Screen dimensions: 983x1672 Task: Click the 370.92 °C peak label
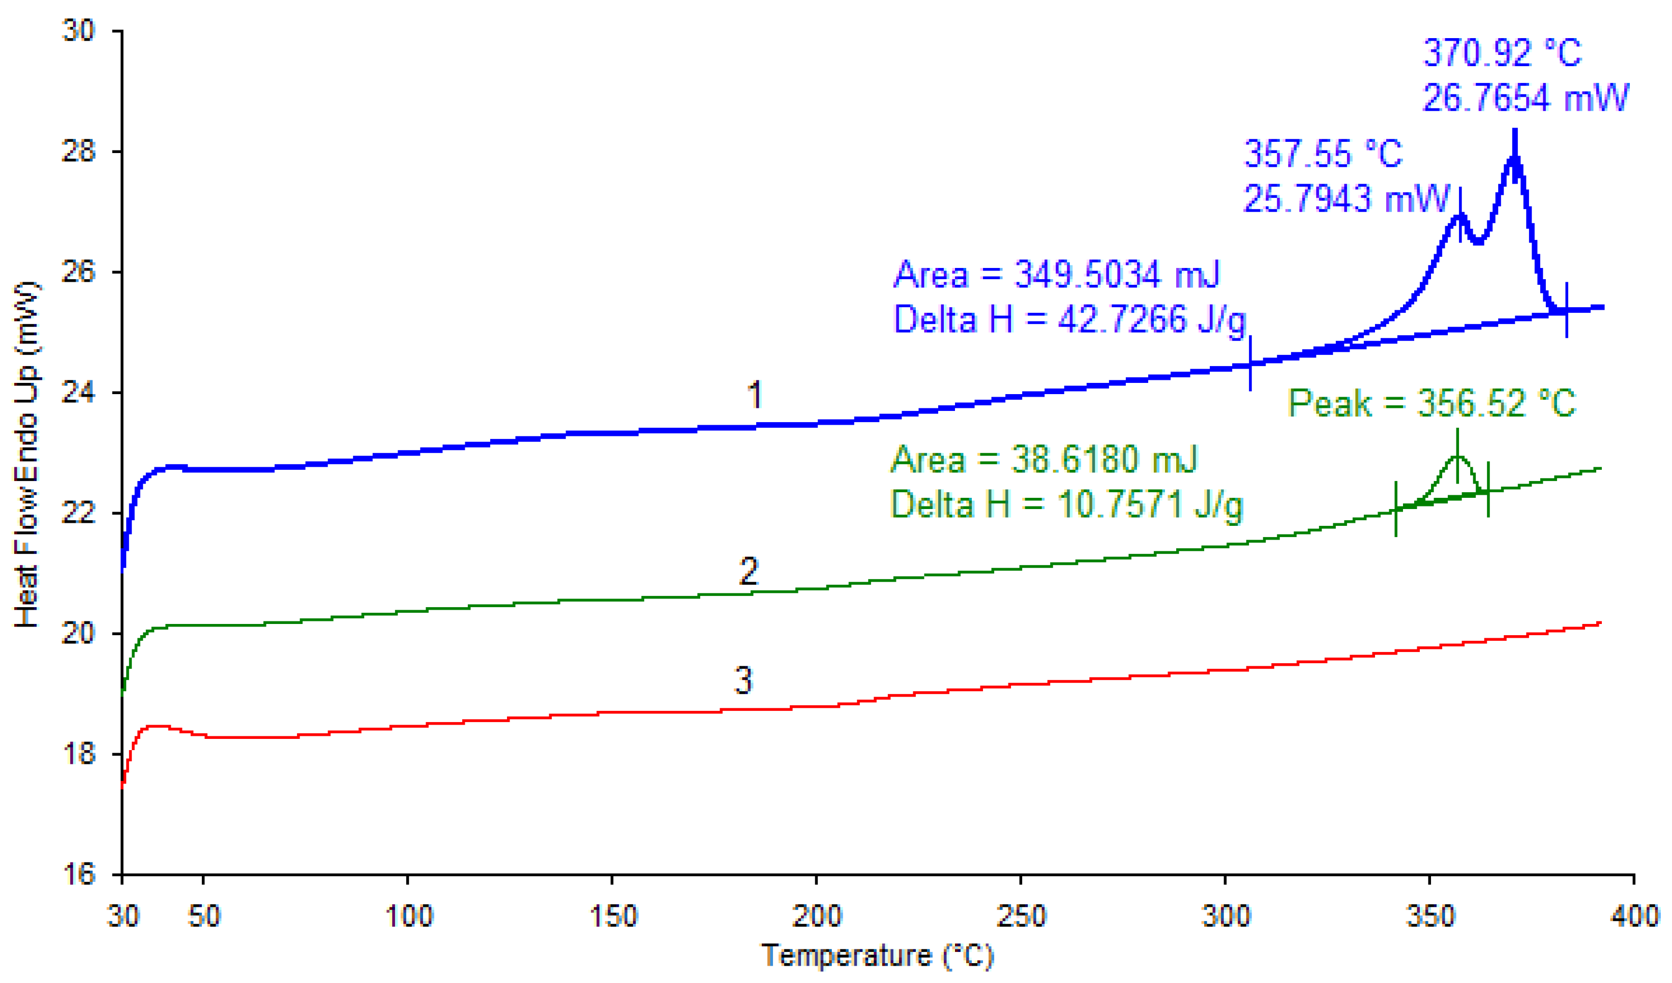(x=1502, y=53)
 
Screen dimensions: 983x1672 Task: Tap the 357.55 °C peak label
(x=1322, y=154)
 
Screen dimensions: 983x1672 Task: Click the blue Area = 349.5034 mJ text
(x=1057, y=275)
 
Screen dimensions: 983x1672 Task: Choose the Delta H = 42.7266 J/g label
(x=1069, y=320)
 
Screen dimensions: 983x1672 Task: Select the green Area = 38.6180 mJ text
(x=1043, y=459)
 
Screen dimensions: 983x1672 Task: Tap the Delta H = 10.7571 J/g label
(x=1066, y=505)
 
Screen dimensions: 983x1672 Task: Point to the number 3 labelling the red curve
(x=743, y=681)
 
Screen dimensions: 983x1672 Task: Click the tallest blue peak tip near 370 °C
(x=1515, y=133)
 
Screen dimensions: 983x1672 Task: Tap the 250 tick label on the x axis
(x=1021, y=916)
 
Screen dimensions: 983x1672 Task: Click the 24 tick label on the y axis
(x=78, y=393)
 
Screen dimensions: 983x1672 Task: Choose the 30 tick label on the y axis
(x=78, y=31)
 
